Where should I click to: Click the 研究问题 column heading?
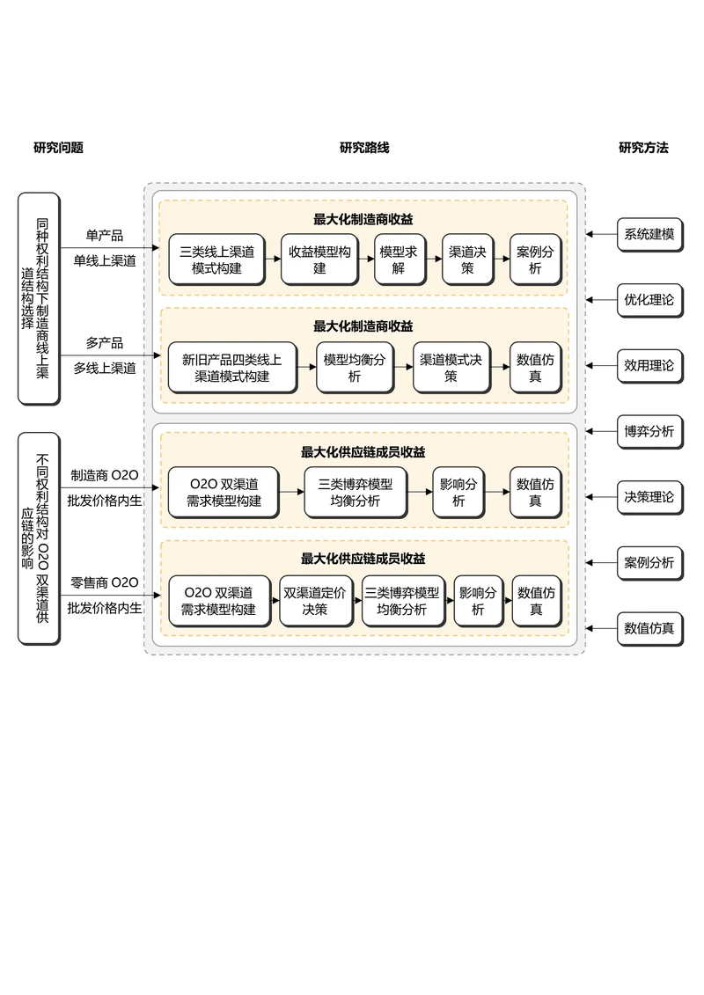(x=58, y=148)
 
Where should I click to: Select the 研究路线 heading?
(x=364, y=148)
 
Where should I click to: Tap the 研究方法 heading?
(x=643, y=148)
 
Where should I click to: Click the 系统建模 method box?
(x=649, y=234)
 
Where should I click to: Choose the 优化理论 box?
(x=649, y=300)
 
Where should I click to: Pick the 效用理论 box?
(x=649, y=365)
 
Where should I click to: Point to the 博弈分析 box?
(x=649, y=431)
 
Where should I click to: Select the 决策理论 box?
(x=649, y=497)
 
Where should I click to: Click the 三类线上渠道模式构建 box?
(x=216, y=259)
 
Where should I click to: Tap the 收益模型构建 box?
(x=319, y=259)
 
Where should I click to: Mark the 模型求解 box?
(x=399, y=259)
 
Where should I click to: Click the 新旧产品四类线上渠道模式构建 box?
(x=231, y=367)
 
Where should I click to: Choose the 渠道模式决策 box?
(x=451, y=367)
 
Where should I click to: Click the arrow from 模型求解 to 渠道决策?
(x=432, y=259)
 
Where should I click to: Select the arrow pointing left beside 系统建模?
(x=600, y=234)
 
